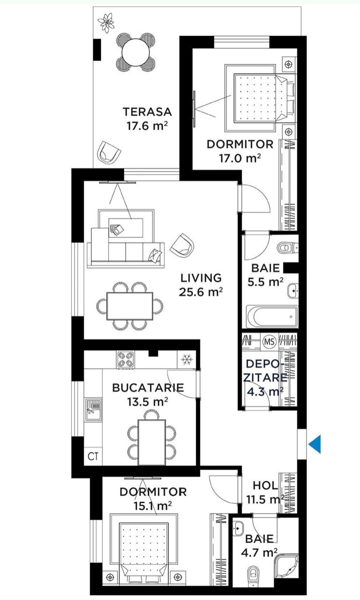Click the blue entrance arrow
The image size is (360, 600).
[x=316, y=444]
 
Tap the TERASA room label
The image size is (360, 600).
[x=147, y=112]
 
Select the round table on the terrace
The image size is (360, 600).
[x=136, y=52]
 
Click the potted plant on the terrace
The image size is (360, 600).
[x=106, y=23]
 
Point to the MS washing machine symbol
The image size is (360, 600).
[x=269, y=341]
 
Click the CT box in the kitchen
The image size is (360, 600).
[x=93, y=456]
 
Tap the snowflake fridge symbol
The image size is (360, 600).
[x=186, y=359]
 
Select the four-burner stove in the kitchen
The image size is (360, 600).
[x=125, y=359]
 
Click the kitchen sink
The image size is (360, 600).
[x=93, y=409]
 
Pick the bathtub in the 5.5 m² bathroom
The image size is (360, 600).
[x=272, y=316]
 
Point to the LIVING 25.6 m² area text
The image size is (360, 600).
[x=201, y=285]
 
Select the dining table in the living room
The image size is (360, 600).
[x=130, y=306]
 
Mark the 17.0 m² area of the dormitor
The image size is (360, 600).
[x=240, y=158]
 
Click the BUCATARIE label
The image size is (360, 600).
[x=148, y=388]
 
